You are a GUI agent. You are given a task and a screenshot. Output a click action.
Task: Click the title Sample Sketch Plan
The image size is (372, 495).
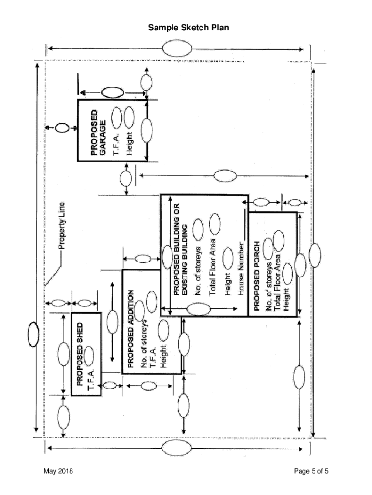click(x=188, y=28)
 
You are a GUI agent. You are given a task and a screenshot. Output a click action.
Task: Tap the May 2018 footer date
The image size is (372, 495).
click(x=57, y=471)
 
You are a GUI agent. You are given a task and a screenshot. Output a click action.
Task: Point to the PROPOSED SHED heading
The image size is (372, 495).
click(x=80, y=352)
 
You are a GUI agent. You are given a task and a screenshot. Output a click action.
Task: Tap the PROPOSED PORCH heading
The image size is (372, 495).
click(x=257, y=276)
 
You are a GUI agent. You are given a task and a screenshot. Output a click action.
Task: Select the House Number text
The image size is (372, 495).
click(x=241, y=268)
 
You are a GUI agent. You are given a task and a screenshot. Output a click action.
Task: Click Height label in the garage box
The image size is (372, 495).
click(x=129, y=144)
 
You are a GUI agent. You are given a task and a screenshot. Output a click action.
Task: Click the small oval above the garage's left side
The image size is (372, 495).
click(x=61, y=128)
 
